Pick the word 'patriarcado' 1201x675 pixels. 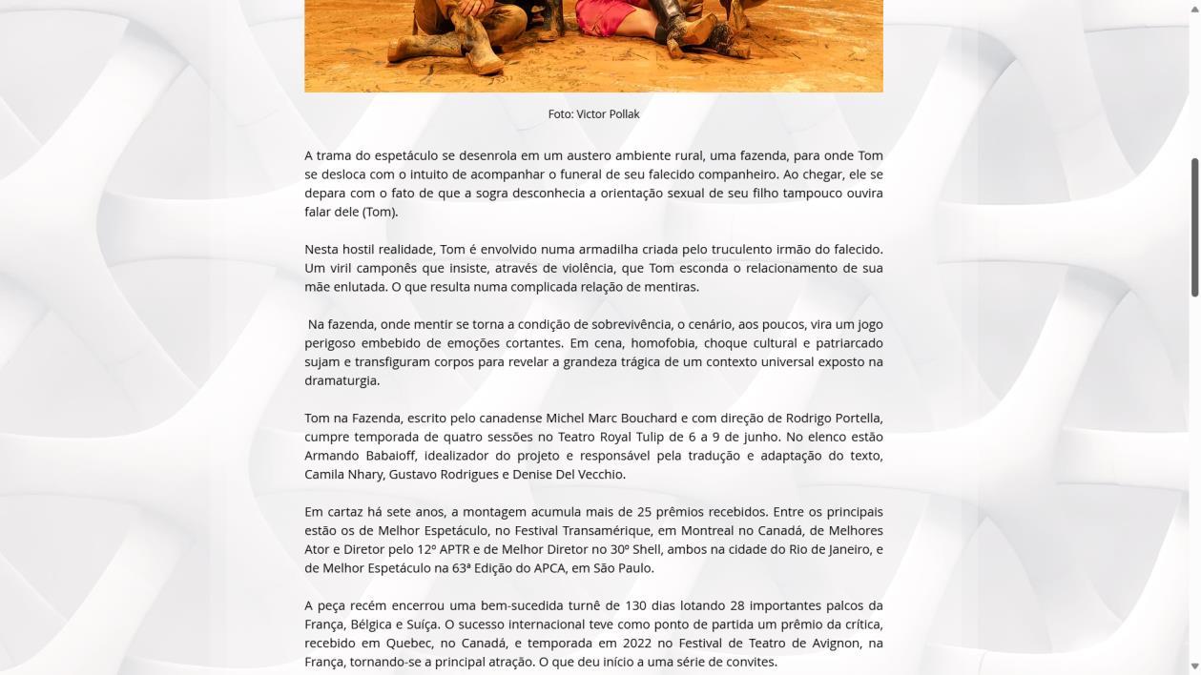(x=849, y=343)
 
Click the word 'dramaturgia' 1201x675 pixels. (x=342, y=380)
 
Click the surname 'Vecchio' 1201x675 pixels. (x=598, y=475)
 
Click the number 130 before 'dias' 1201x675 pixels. (x=636, y=605)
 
